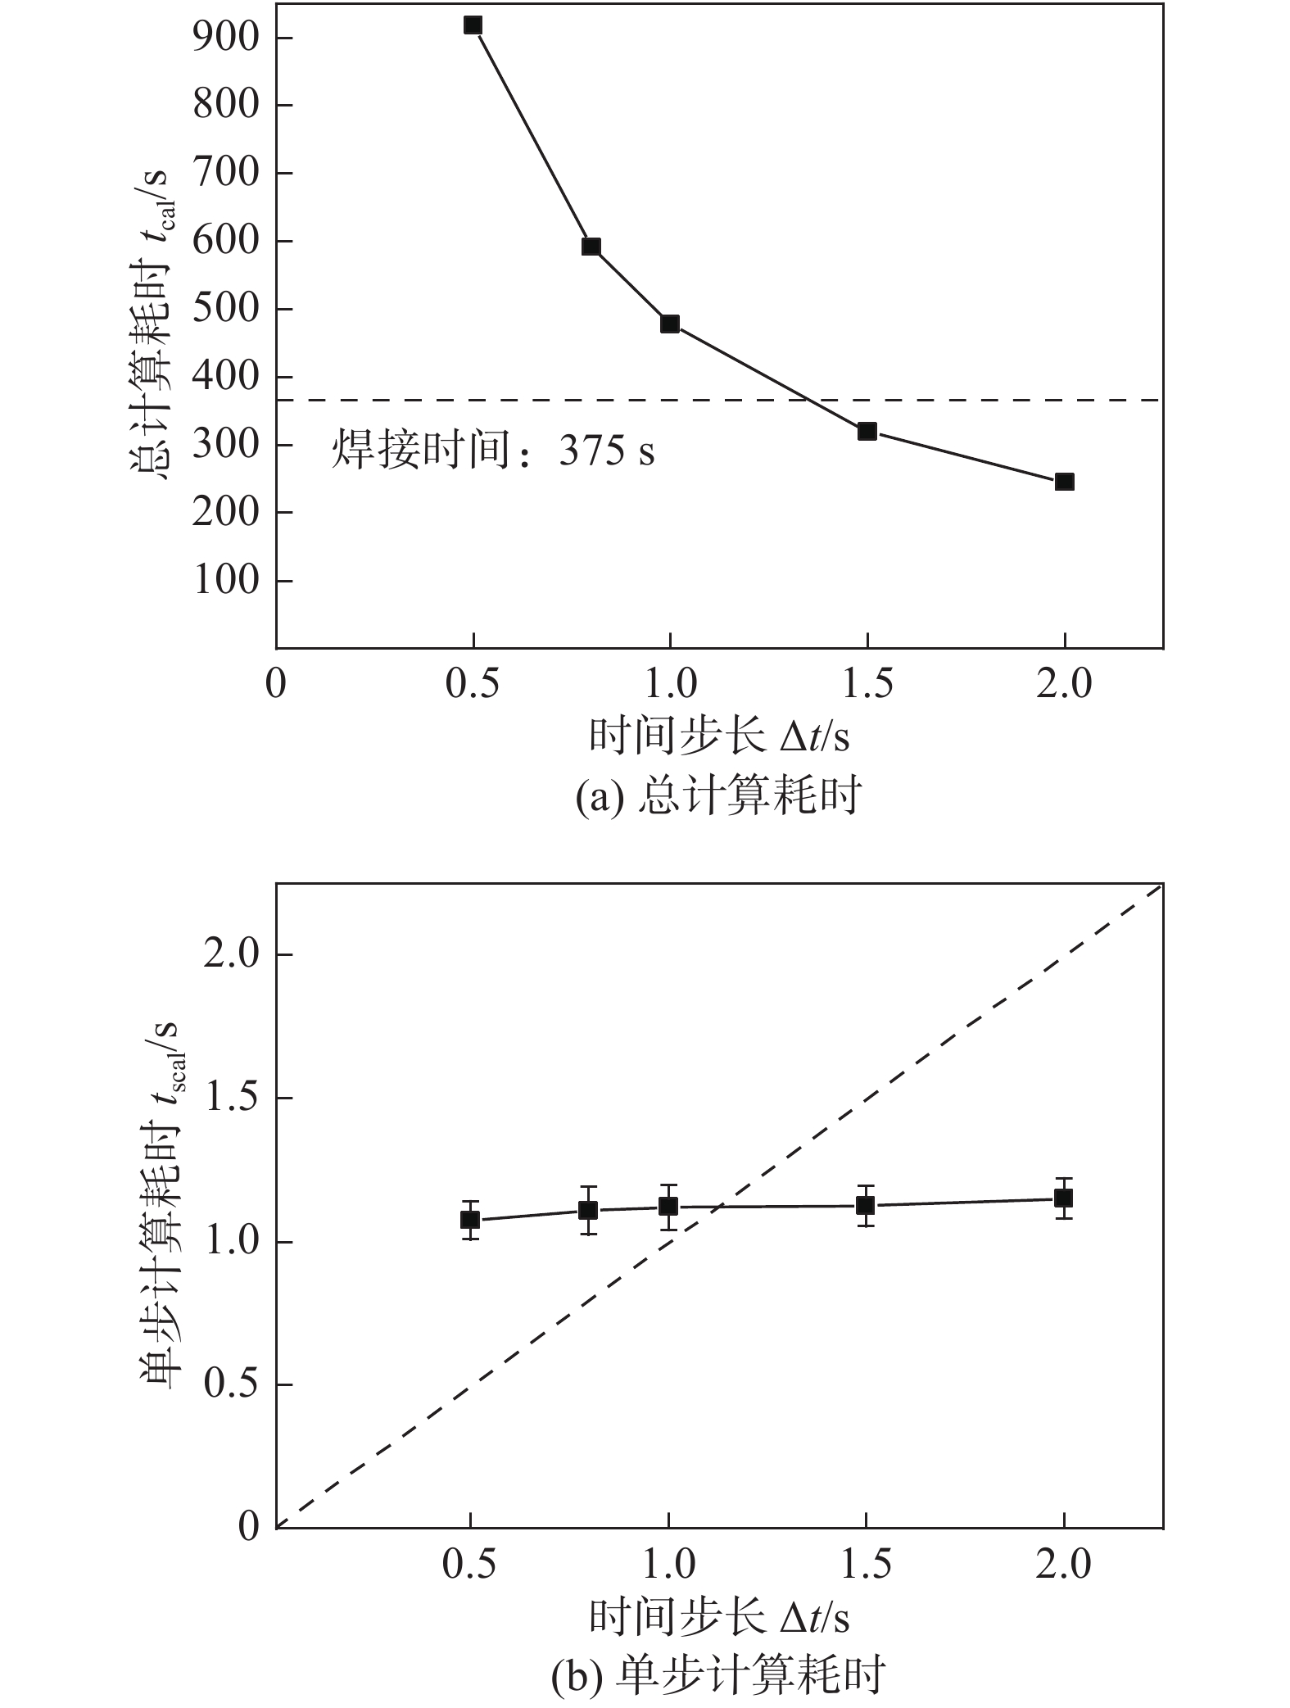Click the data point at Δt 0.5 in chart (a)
[x=473, y=25]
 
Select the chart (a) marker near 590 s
[x=591, y=247]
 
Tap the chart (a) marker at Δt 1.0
[x=670, y=324]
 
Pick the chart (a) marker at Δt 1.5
[x=867, y=431]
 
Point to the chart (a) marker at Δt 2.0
[x=1065, y=481]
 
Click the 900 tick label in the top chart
[x=226, y=39]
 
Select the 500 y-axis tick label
[x=226, y=310]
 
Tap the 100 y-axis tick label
[x=226, y=581]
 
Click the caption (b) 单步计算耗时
[x=718, y=1674]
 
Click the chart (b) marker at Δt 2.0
[x=1064, y=1198]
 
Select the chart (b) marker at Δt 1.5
[x=866, y=1205]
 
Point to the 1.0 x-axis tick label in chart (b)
[x=668, y=1564]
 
